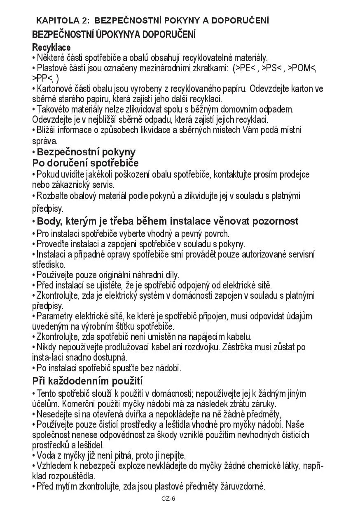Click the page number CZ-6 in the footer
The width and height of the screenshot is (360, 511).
pos(168,499)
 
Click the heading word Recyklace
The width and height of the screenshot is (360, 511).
pos(51,47)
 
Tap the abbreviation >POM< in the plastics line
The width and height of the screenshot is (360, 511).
pos(302,68)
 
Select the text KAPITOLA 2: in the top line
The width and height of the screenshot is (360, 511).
pos(63,20)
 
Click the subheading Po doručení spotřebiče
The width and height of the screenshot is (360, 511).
pos(85,163)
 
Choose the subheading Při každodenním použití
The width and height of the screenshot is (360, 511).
pos(87,380)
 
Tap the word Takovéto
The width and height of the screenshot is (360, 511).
pos(52,110)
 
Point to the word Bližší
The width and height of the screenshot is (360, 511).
pos(47,130)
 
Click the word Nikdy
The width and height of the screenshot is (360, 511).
pos(47,347)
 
